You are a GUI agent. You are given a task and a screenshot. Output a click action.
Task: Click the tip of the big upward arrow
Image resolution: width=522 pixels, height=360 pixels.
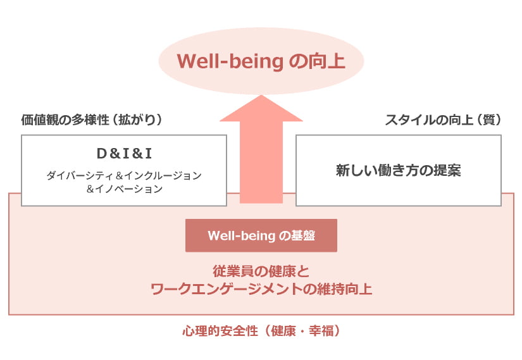pyautogui.click(x=261, y=96)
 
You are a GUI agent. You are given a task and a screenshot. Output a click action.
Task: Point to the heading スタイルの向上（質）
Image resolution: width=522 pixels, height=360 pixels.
pyautogui.click(x=443, y=120)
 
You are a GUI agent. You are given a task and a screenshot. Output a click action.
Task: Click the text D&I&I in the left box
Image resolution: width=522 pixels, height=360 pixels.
pyautogui.click(x=124, y=153)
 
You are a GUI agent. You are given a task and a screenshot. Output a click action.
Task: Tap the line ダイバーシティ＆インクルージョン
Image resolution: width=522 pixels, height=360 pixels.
pyautogui.click(x=124, y=175)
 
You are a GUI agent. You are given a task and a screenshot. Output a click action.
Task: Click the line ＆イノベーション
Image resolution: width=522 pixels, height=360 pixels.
pyautogui.click(x=124, y=189)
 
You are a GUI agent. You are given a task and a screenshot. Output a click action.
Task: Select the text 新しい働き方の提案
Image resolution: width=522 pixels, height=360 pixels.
pyautogui.click(x=398, y=171)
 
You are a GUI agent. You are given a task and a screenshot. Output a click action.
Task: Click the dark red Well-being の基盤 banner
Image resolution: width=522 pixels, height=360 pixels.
pyautogui.click(x=261, y=235)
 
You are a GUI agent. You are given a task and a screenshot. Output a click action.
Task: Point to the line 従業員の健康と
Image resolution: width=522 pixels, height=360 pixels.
pyautogui.click(x=261, y=272)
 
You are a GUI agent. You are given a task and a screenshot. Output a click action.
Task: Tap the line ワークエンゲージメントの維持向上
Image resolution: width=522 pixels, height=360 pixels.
pyautogui.click(x=261, y=290)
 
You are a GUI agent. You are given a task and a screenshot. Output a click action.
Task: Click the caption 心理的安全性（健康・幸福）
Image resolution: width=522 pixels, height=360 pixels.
pyautogui.click(x=261, y=331)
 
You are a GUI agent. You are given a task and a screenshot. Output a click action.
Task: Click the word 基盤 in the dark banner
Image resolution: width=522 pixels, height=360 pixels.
pyautogui.click(x=303, y=236)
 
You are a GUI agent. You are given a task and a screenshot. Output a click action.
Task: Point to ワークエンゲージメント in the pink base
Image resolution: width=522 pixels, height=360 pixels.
pyautogui.click(x=225, y=290)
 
